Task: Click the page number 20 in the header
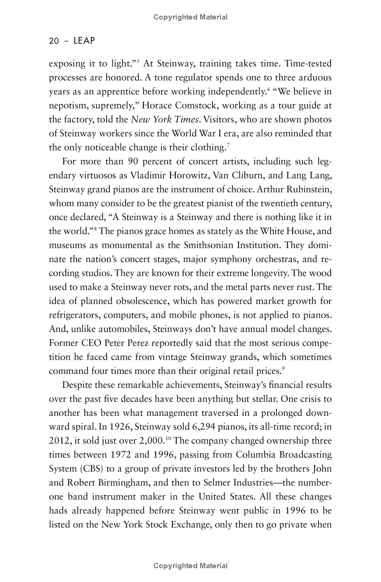pos(54,41)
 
